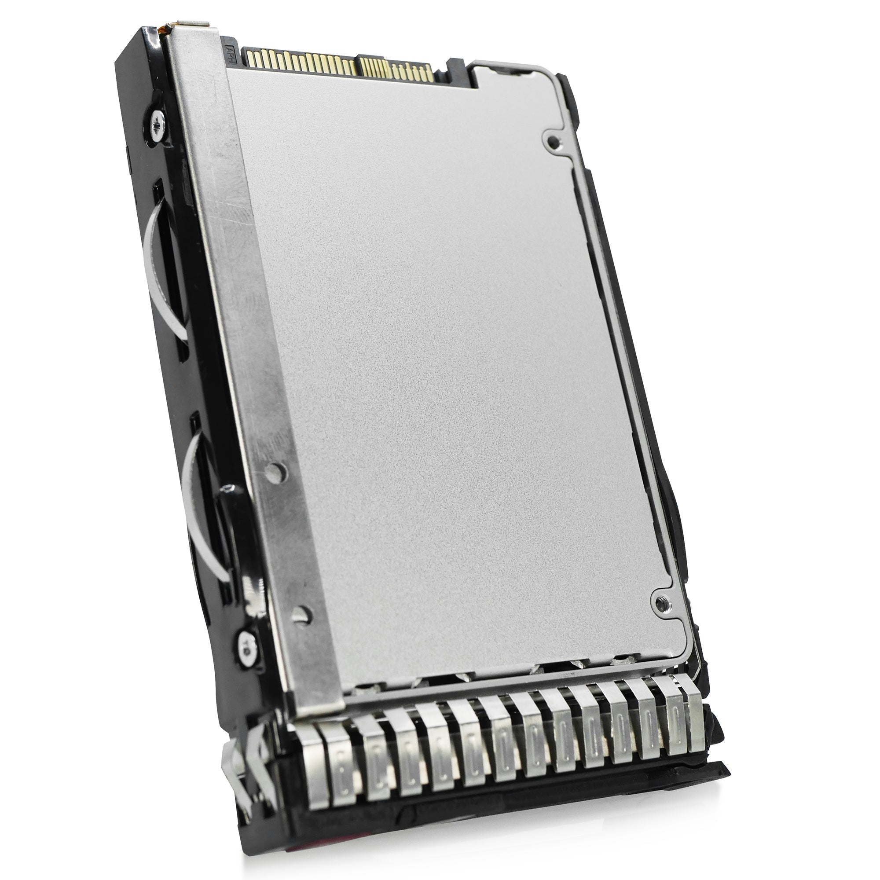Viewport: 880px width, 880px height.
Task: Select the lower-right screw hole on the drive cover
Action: (660, 604)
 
